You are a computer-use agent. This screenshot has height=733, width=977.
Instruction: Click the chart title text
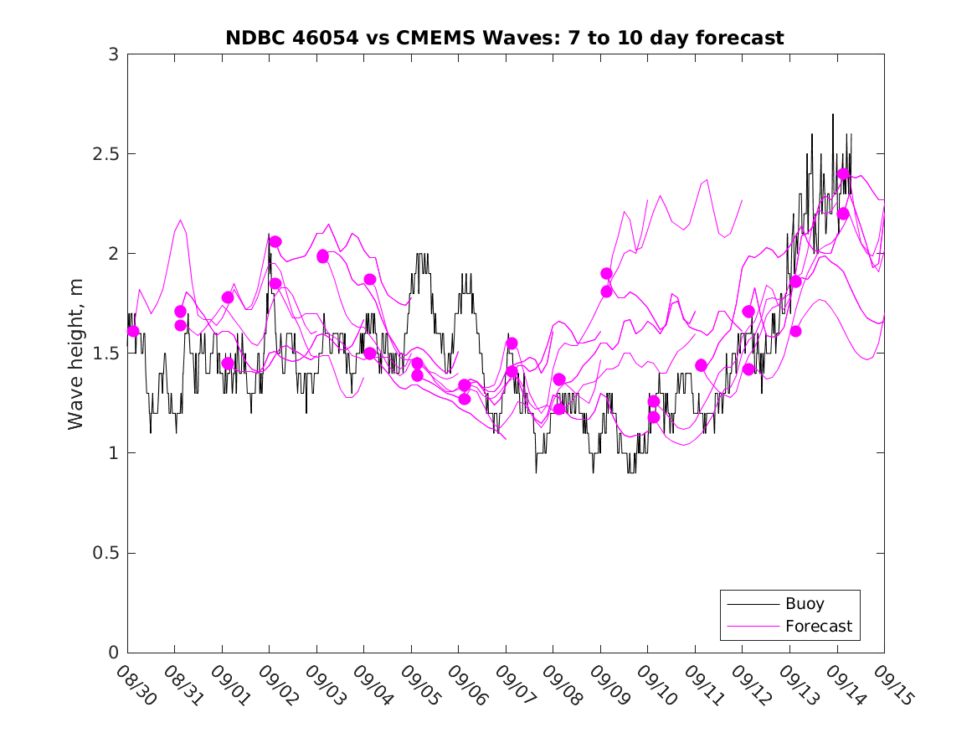(x=505, y=39)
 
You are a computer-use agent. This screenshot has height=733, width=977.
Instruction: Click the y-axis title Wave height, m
(x=76, y=353)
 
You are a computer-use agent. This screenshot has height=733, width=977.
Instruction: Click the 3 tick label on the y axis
(x=112, y=54)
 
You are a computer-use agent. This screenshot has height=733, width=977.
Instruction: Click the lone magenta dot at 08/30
(x=133, y=331)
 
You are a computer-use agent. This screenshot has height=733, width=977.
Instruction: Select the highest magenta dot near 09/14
(x=843, y=174)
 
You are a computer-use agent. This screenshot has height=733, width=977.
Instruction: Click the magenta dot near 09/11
(x=702, y=365)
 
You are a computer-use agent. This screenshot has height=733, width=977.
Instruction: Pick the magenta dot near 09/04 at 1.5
(x=370, y=354)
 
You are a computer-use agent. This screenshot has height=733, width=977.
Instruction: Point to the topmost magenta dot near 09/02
(x=275, y=241)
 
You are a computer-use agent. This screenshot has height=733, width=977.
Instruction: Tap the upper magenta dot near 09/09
(x=607, y=273)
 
